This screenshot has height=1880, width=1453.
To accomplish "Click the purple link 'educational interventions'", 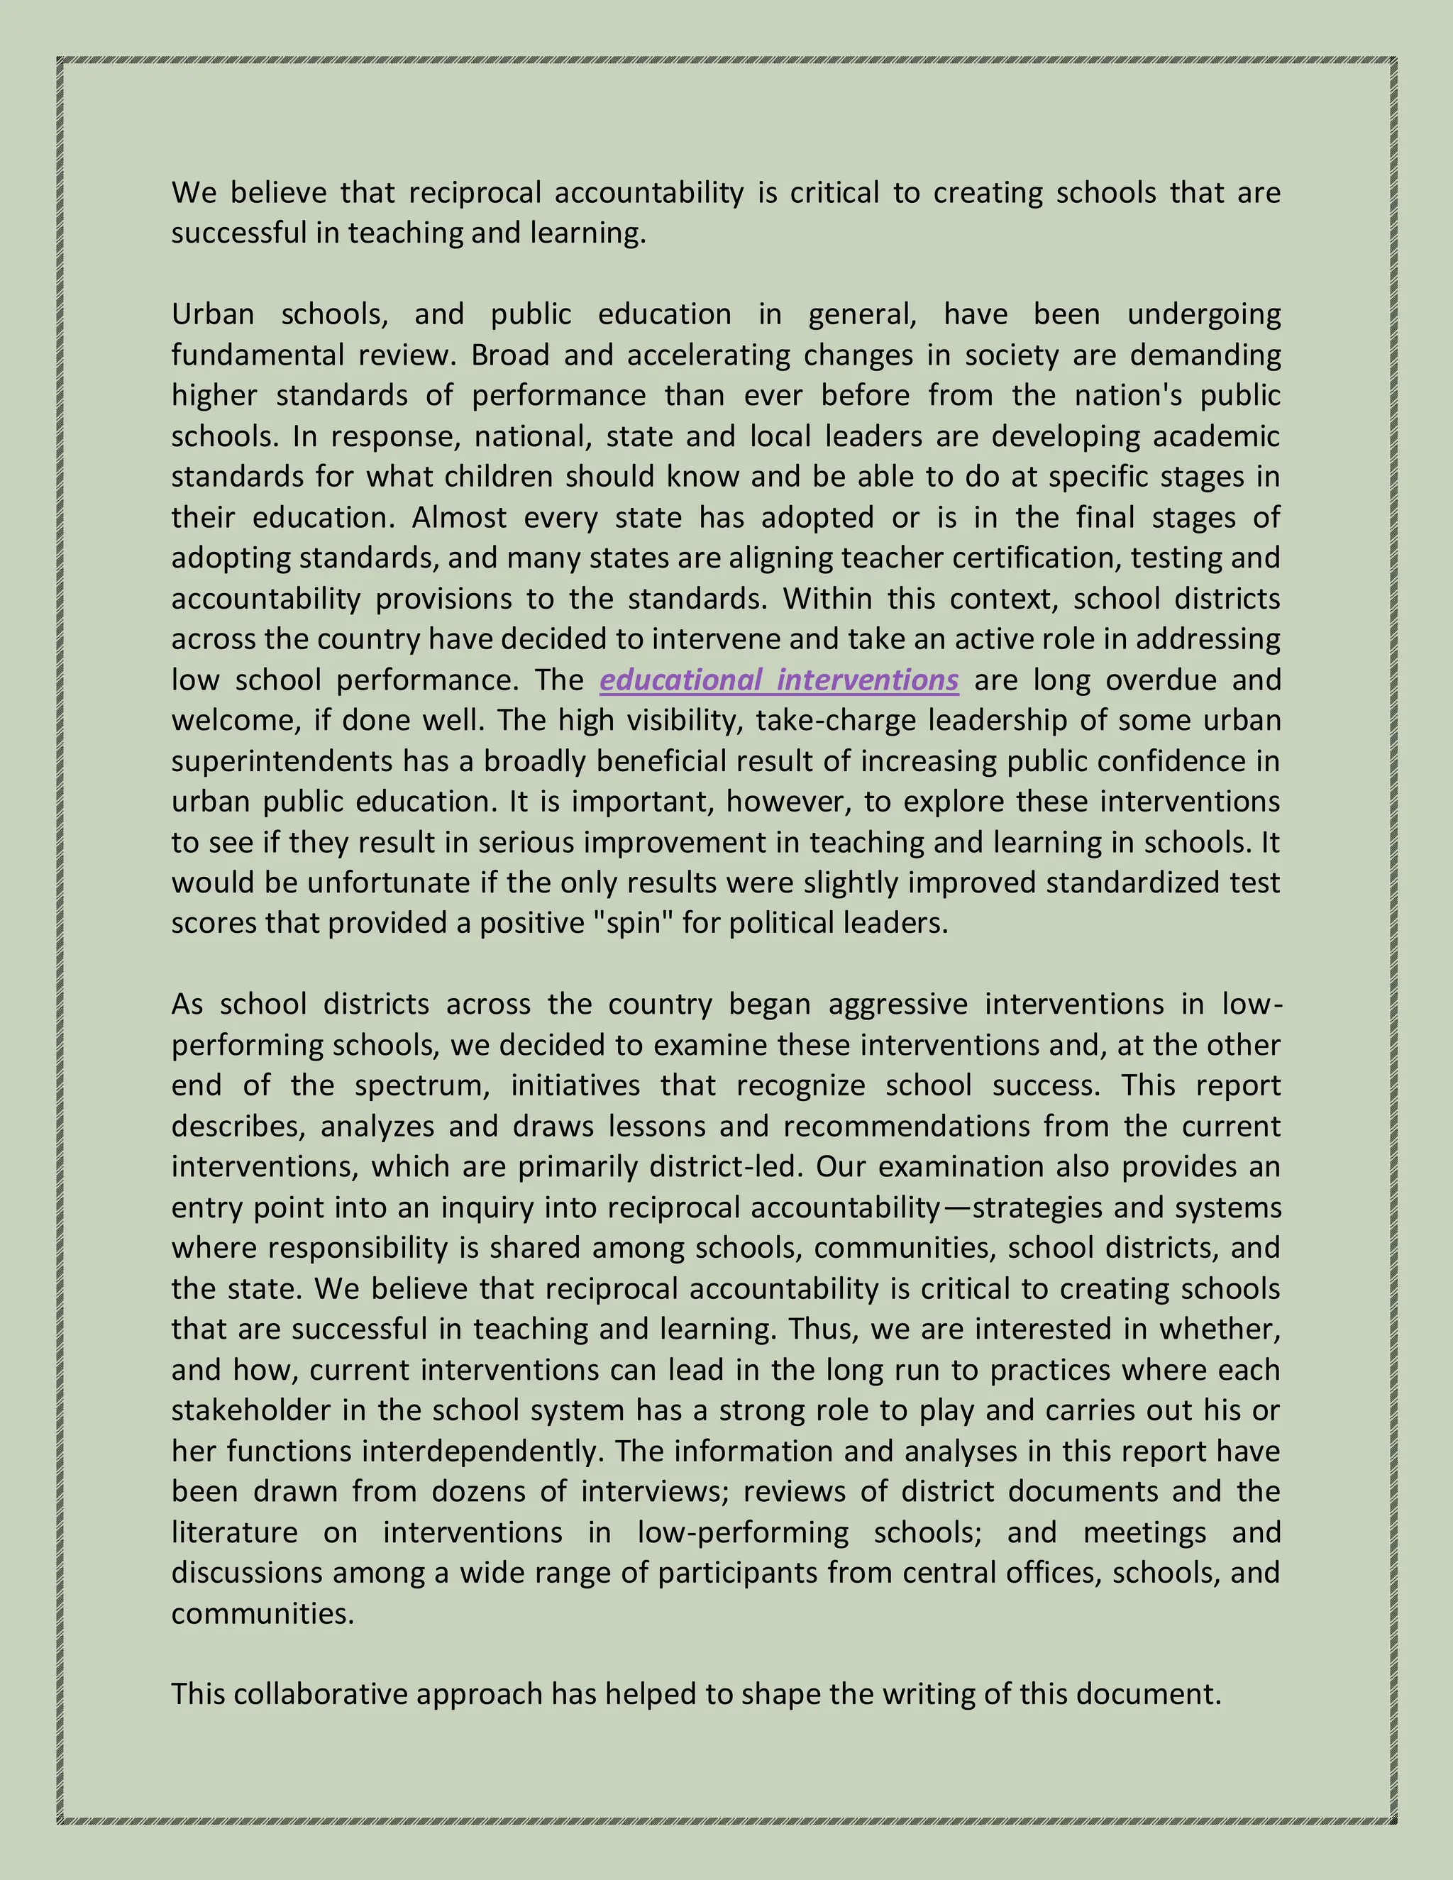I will tap(779, 680).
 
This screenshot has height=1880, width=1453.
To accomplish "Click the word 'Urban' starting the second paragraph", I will tap(213, 314).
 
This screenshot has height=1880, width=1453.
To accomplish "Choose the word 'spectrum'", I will tap(422, 1086).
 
